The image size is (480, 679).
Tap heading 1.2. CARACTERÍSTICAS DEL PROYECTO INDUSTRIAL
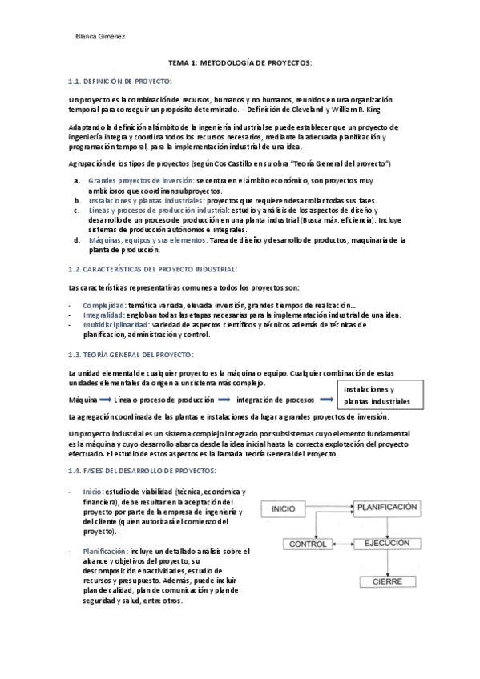pyautogui.click(x=153, y=269)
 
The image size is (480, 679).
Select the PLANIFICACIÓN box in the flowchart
pyautogui.click(x=387, y=508)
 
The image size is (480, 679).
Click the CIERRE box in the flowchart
pyautogui.click(x=386, y=582)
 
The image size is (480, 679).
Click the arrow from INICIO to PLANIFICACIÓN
pyautogui.click(x=327, y=508)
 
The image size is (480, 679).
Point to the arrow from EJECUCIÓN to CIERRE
pyautogui.click(x=387, y=563)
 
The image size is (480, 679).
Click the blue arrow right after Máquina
pyautogui.click(x=105, y=399)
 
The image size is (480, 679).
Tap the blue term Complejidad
pyautogui.click(x=104, y=305)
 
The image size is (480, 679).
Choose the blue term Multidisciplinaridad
pyautogui.click(x=119, y=324)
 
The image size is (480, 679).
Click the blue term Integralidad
pyautogui.click(x=103, y=315)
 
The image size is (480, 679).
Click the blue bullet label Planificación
pyautogui.click(x=104, y=551)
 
